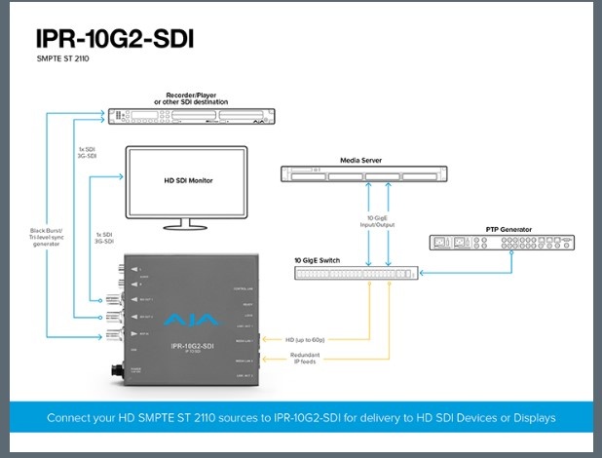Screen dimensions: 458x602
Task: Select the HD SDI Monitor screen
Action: pos(187,181)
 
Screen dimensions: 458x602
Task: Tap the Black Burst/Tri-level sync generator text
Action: pos(46,240)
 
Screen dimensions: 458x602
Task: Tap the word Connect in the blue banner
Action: pos(71,417)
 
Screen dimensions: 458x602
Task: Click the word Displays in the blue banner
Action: pos(532,417)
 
